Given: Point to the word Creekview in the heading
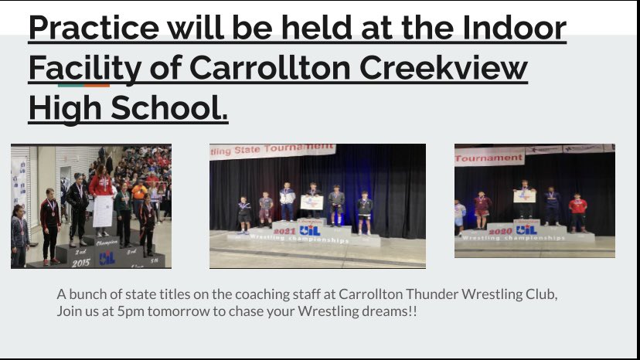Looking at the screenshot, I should [453, 68].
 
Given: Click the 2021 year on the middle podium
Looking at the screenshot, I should [284, 230].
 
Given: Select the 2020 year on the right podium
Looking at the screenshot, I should [500, 229].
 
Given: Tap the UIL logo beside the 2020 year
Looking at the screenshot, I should [526, 229].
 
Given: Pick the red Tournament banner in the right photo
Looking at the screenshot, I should [489, 158].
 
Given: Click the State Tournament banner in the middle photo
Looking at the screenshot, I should [272, 151].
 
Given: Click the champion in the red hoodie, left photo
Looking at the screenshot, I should [101, 189].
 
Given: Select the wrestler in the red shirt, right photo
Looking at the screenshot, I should [577, 209].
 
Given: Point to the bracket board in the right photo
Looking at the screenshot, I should [524, 196].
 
